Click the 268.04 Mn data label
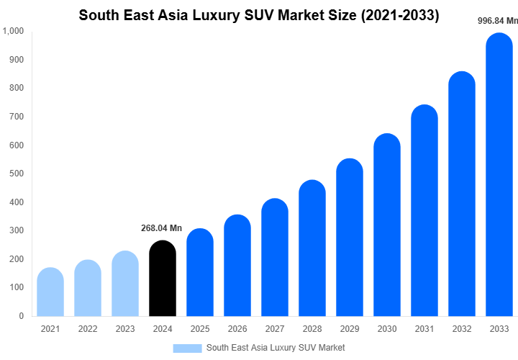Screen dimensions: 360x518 tap(161, 228)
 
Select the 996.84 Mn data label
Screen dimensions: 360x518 tap(498, 21)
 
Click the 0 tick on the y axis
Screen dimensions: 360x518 tap(21, 315)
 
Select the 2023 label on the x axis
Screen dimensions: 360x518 tap(125, 329)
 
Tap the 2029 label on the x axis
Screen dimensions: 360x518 tap(350, 329)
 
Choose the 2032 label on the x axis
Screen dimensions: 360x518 tap(462, 329)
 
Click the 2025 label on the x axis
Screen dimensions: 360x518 tap(200, 329)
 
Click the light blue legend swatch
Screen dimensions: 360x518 tap(187, 348)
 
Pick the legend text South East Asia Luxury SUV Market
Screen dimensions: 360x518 tap(276, 348)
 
